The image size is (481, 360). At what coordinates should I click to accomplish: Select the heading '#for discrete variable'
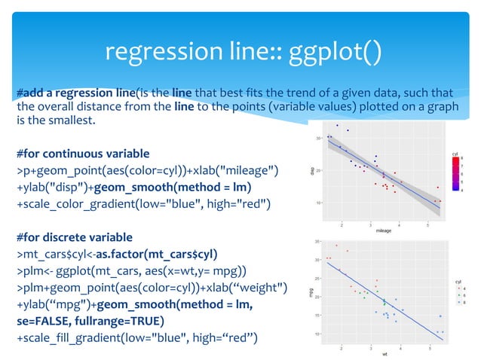click(x=69, y=236)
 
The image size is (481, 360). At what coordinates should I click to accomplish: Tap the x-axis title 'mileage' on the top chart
click(x=384, y=231)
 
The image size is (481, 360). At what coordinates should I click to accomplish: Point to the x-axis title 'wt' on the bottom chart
click(x=384, y=353)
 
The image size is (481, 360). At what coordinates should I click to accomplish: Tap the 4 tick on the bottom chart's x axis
click(x=399, y=348)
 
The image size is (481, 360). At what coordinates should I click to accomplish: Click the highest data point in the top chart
click(x=337, y=125)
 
